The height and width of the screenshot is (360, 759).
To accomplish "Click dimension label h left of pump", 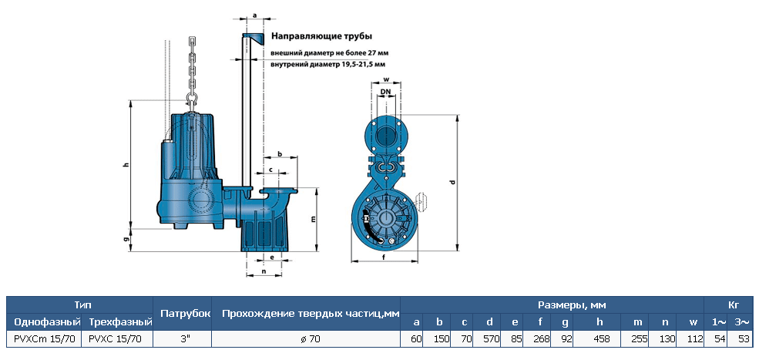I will coord(125,164).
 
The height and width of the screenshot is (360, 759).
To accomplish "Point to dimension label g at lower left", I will coord(125,240).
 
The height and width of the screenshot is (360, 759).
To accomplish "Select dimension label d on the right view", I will coord(453,182).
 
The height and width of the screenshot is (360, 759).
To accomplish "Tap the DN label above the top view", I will coord(385,92).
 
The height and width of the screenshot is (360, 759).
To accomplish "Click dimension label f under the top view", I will coord(384,257).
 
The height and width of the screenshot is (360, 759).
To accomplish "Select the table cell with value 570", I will coord(489,338).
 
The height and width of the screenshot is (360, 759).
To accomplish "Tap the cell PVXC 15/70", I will coord(116,338).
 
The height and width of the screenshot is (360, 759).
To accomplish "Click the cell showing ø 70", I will coord(307,338).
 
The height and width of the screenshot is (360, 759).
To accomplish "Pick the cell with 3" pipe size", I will coord(183,338).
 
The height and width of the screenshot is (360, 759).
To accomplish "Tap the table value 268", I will coord(541,338).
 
